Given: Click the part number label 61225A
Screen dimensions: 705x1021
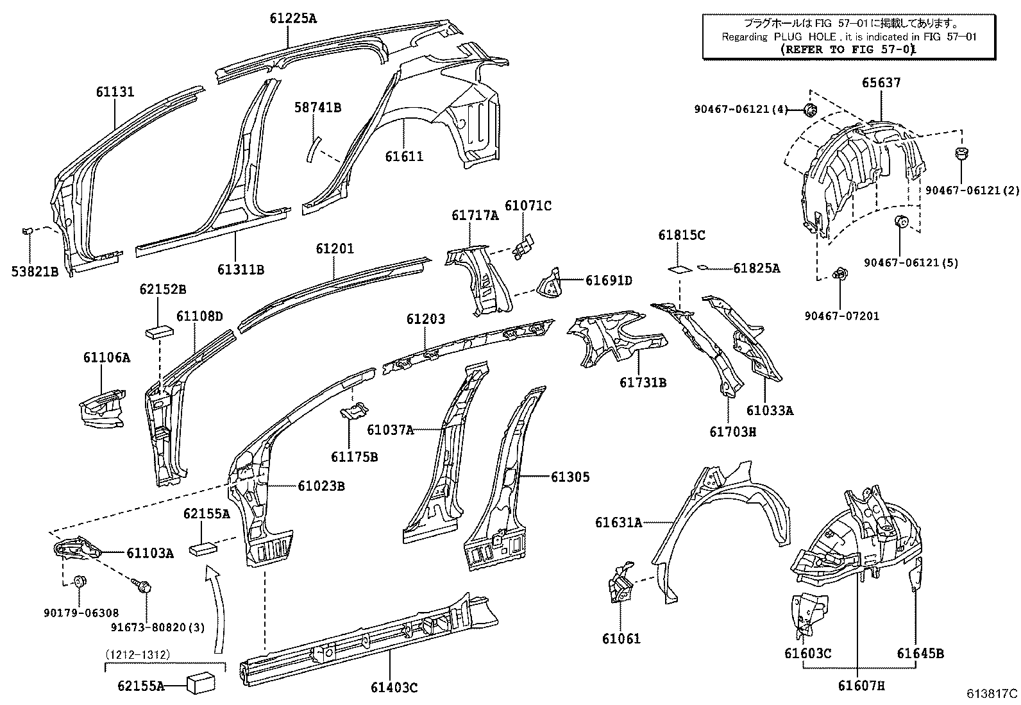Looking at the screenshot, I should [292, 18].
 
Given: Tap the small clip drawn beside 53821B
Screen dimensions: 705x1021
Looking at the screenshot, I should [28, 230].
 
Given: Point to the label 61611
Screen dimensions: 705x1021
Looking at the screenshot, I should [404, 156].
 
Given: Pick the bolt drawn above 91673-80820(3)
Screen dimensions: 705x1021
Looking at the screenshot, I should [142, 585].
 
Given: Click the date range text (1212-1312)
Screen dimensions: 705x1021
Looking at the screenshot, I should [137, 654].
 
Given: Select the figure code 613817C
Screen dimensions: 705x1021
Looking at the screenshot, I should [992, 693].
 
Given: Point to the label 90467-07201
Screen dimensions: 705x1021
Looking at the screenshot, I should [842, 316].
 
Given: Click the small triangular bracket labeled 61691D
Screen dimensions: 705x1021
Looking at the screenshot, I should [549, 284].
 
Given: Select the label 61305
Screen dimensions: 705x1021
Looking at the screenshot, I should [570, 477].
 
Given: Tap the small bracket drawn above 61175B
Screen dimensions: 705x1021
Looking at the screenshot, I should [353, 410].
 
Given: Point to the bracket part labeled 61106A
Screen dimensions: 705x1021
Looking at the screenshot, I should [103, 407].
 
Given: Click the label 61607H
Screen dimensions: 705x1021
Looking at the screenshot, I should [861, 686].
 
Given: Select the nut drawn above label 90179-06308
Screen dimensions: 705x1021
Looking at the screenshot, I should [80, 582].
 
